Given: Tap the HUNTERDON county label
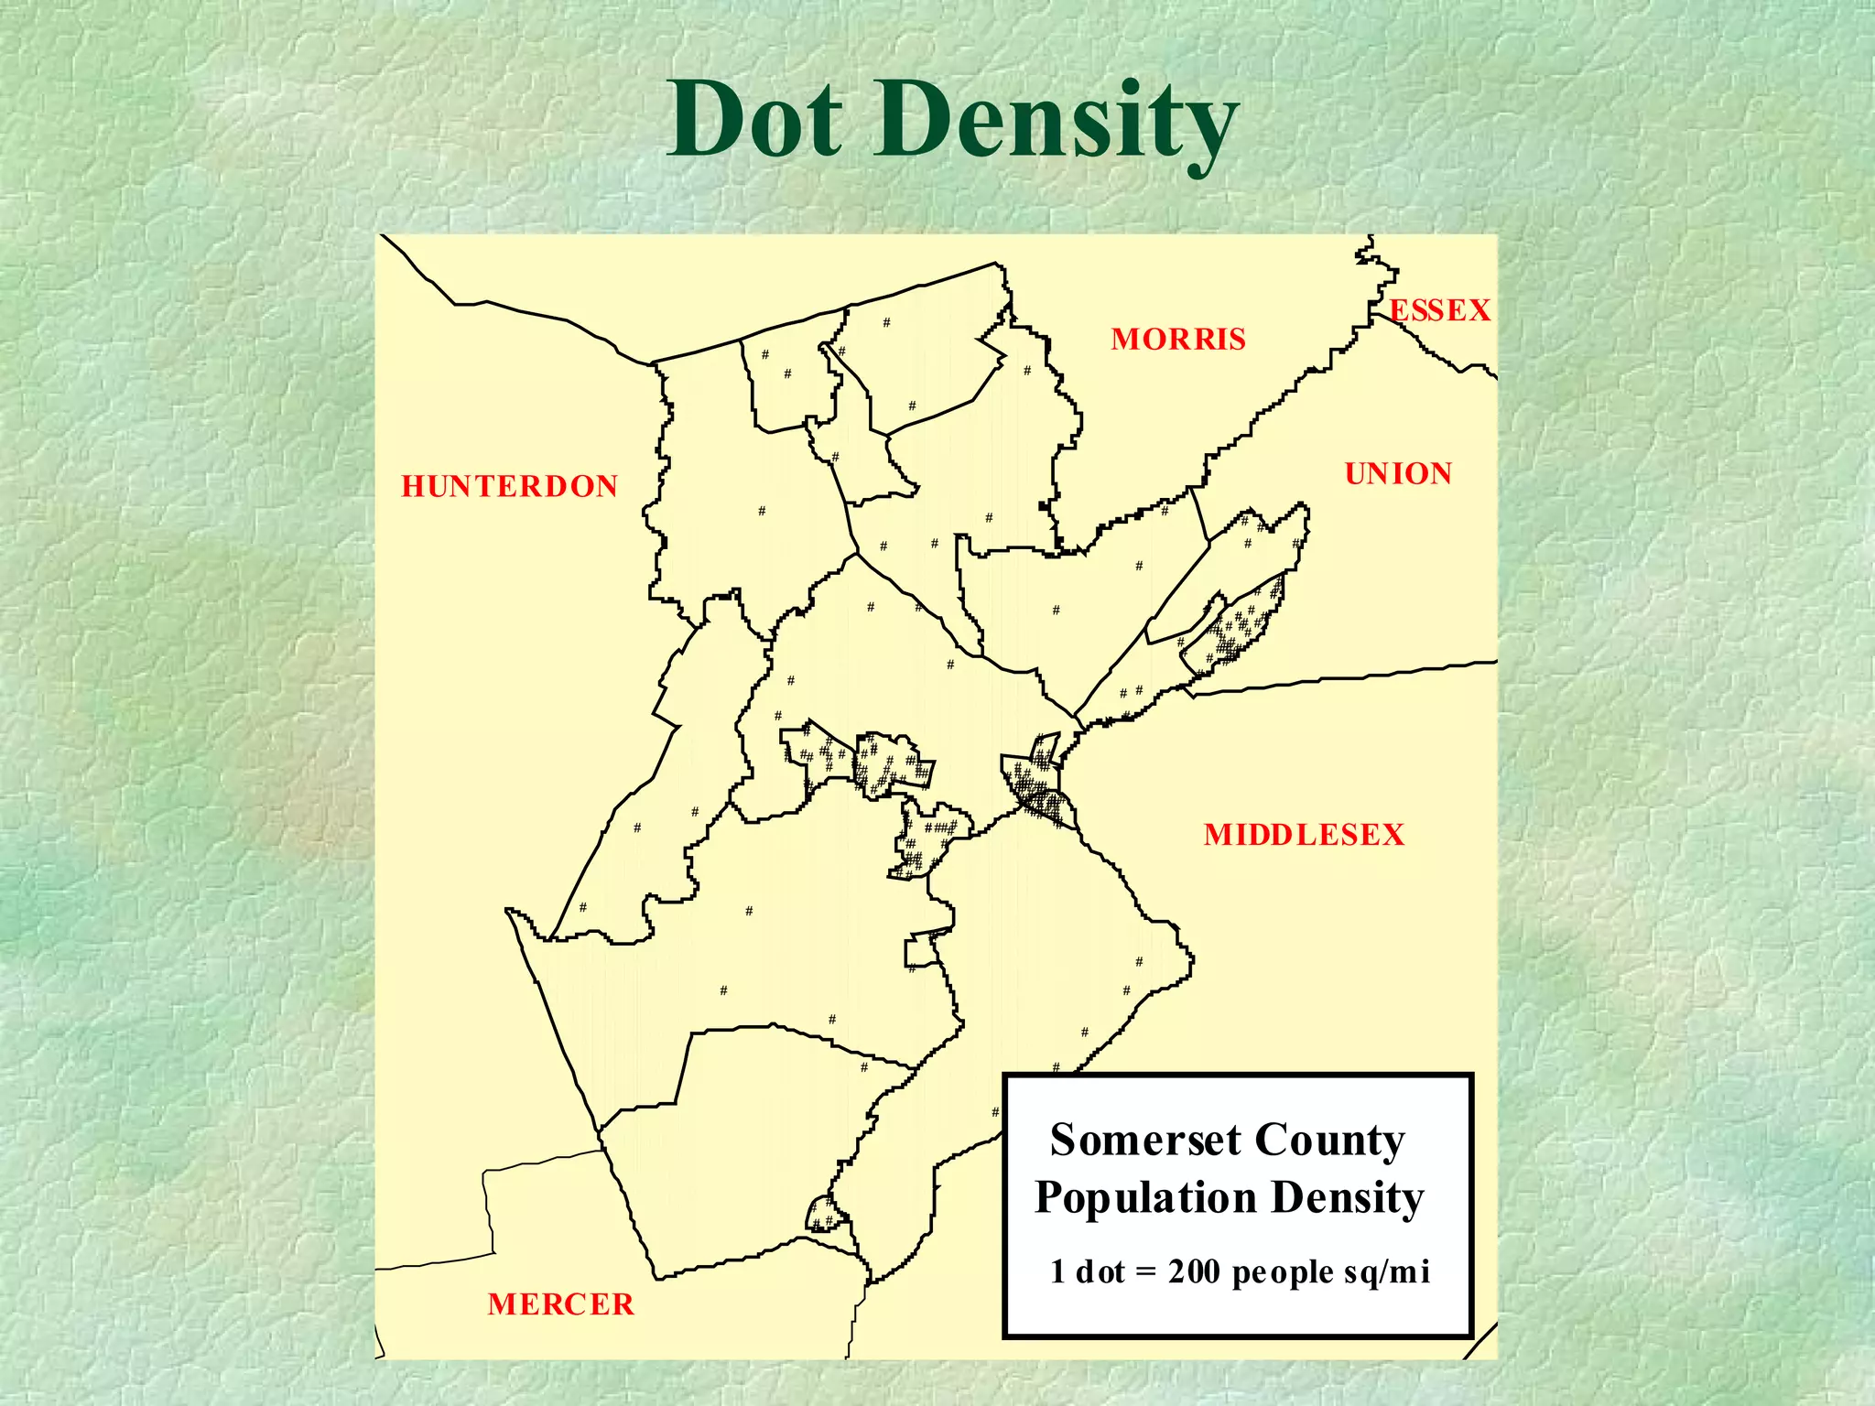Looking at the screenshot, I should (510, 486).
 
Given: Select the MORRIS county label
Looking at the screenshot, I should (1178, 340).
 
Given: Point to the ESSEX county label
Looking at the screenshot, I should (1440, 311).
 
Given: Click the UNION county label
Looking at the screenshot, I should (1398, 473).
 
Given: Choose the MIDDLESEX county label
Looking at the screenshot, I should (1304, 835).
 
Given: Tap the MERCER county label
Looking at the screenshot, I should (560, 1303).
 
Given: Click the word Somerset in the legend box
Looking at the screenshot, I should (1144, 1141).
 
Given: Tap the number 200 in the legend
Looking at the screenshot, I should (1194, 1272).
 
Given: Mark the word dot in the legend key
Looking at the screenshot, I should (1100, 1272).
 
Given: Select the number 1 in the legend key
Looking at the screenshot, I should (1057, 1272).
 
